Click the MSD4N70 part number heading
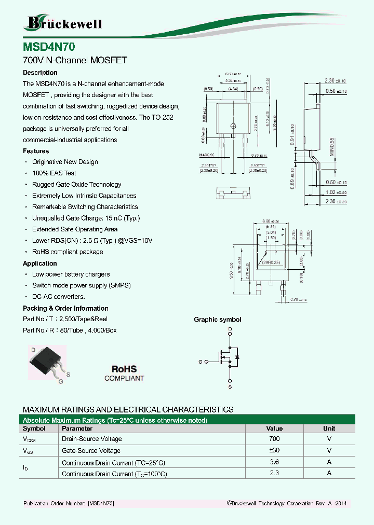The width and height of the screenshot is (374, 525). tap(49, 47)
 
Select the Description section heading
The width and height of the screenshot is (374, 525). tap(40, 73)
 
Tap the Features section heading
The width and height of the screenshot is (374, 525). tap(36, 151)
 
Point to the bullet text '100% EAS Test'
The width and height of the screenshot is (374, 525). tap(54, 173)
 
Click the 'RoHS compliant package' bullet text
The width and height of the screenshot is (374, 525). tap(68, 252)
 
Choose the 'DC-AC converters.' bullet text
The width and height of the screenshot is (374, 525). tap(58, 297)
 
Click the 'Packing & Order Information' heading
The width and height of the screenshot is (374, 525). tap(65, 308)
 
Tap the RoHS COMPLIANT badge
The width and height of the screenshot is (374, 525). tap(124, 372)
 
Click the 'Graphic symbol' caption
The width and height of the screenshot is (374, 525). tap(218, 320)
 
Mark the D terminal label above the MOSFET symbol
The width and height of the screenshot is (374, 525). tap(230, 329)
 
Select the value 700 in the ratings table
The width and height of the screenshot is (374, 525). tap(274, 439)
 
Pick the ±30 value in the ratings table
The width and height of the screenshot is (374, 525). tap(274, 450)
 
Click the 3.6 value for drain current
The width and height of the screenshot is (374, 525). tap(274, 462)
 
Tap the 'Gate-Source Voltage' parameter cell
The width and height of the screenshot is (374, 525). tap(91, 450)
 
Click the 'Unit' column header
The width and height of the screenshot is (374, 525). tap(329, 429)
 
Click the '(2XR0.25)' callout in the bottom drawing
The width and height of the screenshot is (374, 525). tap(271, 262)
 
